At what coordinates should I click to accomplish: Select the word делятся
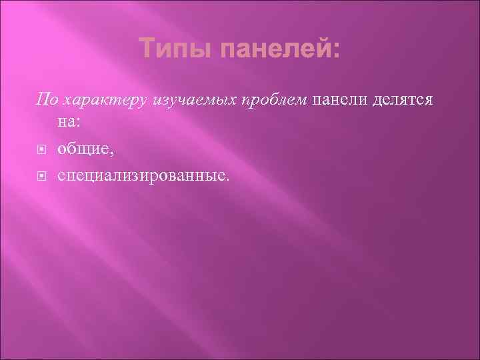click(404, 100)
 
